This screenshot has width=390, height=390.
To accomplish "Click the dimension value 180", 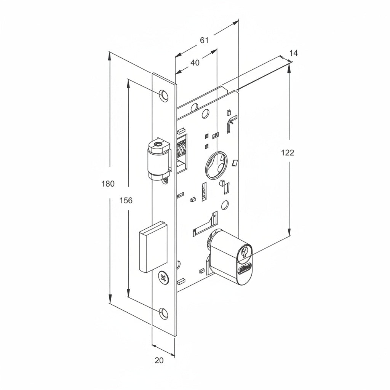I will click(108, 184).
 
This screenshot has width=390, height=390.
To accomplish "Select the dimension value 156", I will click(126, 200).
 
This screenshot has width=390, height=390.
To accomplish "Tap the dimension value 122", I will click(288, 153).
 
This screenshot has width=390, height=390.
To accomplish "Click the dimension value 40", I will click(195, 63).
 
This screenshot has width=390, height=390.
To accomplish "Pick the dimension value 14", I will click(293, 53).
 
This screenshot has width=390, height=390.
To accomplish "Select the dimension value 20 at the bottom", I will click(159, 360).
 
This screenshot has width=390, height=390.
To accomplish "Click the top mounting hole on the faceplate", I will click(164, 95).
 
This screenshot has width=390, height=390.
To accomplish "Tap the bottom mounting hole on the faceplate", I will click(163, 313).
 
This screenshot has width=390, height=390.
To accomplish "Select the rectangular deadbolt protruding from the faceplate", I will click(153, 248).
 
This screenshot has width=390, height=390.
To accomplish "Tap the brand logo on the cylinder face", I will click(245, 268).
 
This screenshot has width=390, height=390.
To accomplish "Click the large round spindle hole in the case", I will click(216, 165).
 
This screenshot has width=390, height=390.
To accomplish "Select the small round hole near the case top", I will click(205, 113).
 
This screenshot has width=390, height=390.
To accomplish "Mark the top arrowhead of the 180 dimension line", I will click(110, 56).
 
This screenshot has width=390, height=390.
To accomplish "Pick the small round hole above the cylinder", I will click(225, 206).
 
